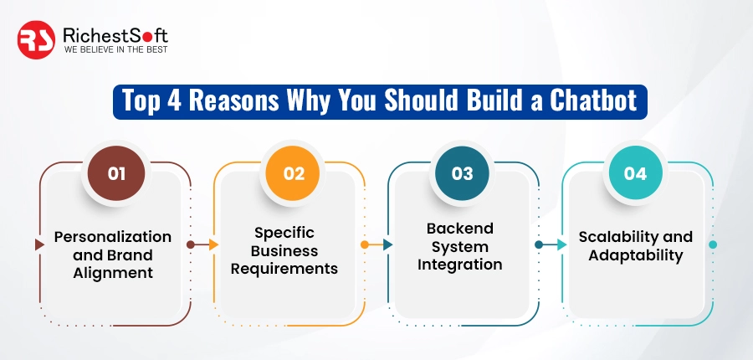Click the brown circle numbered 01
(116, 173)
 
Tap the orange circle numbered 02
(293, 173)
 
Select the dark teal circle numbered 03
(463, 173)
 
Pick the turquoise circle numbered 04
(636, 173)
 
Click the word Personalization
(113, 237)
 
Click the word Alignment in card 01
(113, 272)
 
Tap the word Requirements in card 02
(284, 269)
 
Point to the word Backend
(460, 229)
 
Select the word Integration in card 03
(460, 265)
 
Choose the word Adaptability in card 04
(636, 255)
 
